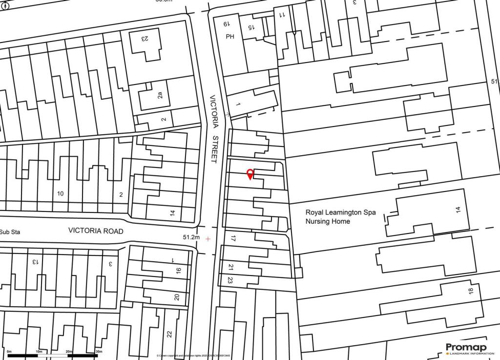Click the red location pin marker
click(x=250, y=174)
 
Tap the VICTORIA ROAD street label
click(x=96, y=231)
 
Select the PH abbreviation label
click(x=230, y=37)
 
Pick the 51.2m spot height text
click(x=191, y=237)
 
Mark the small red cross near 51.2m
click(x=208, y=239)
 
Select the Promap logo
click(x=466, y=348)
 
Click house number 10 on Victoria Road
click(x=60, y=194)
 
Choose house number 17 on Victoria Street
click(x=233, y=239)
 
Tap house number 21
click(x=230, y=267)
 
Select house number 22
click(x=169, y=334)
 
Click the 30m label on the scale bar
click(x=99, y=351)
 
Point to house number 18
click(x=471, y=291)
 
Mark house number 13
click(x=35, y=262)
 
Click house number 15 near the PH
click(x=250, y=28)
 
